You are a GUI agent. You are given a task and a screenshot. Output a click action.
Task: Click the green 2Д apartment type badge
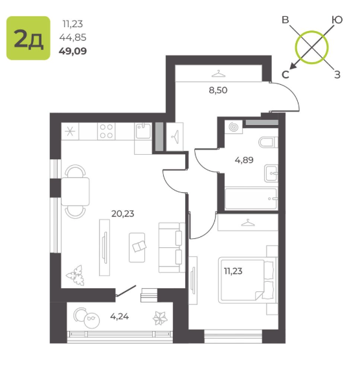(x=28, y=38)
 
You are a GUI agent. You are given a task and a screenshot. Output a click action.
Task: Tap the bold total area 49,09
(x=73, y=51)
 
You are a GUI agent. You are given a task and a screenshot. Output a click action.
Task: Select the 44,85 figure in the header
(x=73, y=38)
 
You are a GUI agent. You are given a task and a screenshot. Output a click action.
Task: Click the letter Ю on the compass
(x=337, y=20)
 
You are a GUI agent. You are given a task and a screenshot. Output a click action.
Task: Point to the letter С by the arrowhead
(x=286, y=74)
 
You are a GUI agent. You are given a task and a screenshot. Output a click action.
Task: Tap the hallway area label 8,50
(x=218, y=90)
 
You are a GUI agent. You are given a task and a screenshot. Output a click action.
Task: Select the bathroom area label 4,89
(x=244, y=160)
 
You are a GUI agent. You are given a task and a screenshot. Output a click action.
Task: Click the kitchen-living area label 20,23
(x=122, y=214)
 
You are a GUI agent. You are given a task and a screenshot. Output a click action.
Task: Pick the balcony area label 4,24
(x=120, y=317)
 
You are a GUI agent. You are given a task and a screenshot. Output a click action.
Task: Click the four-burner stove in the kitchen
(x=106, y=131)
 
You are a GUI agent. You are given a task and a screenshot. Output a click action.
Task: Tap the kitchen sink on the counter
(x=143, y=131)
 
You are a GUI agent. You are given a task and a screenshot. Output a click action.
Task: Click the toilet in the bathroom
(x=269, y=142)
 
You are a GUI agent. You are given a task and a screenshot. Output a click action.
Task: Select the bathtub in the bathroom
(x=251, y=199)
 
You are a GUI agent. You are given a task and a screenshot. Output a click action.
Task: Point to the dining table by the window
(x=75, y=192)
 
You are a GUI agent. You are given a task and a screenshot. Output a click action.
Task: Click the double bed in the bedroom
(x=248, y=280)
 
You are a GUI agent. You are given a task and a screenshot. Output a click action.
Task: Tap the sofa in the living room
(x=172, y=247)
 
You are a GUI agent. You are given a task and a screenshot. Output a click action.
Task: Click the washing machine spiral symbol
(x=234, y=127)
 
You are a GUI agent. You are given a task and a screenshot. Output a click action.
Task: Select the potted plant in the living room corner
(x=76, y=275)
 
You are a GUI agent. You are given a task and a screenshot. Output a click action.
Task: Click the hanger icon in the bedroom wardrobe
(x=248, y=223)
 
